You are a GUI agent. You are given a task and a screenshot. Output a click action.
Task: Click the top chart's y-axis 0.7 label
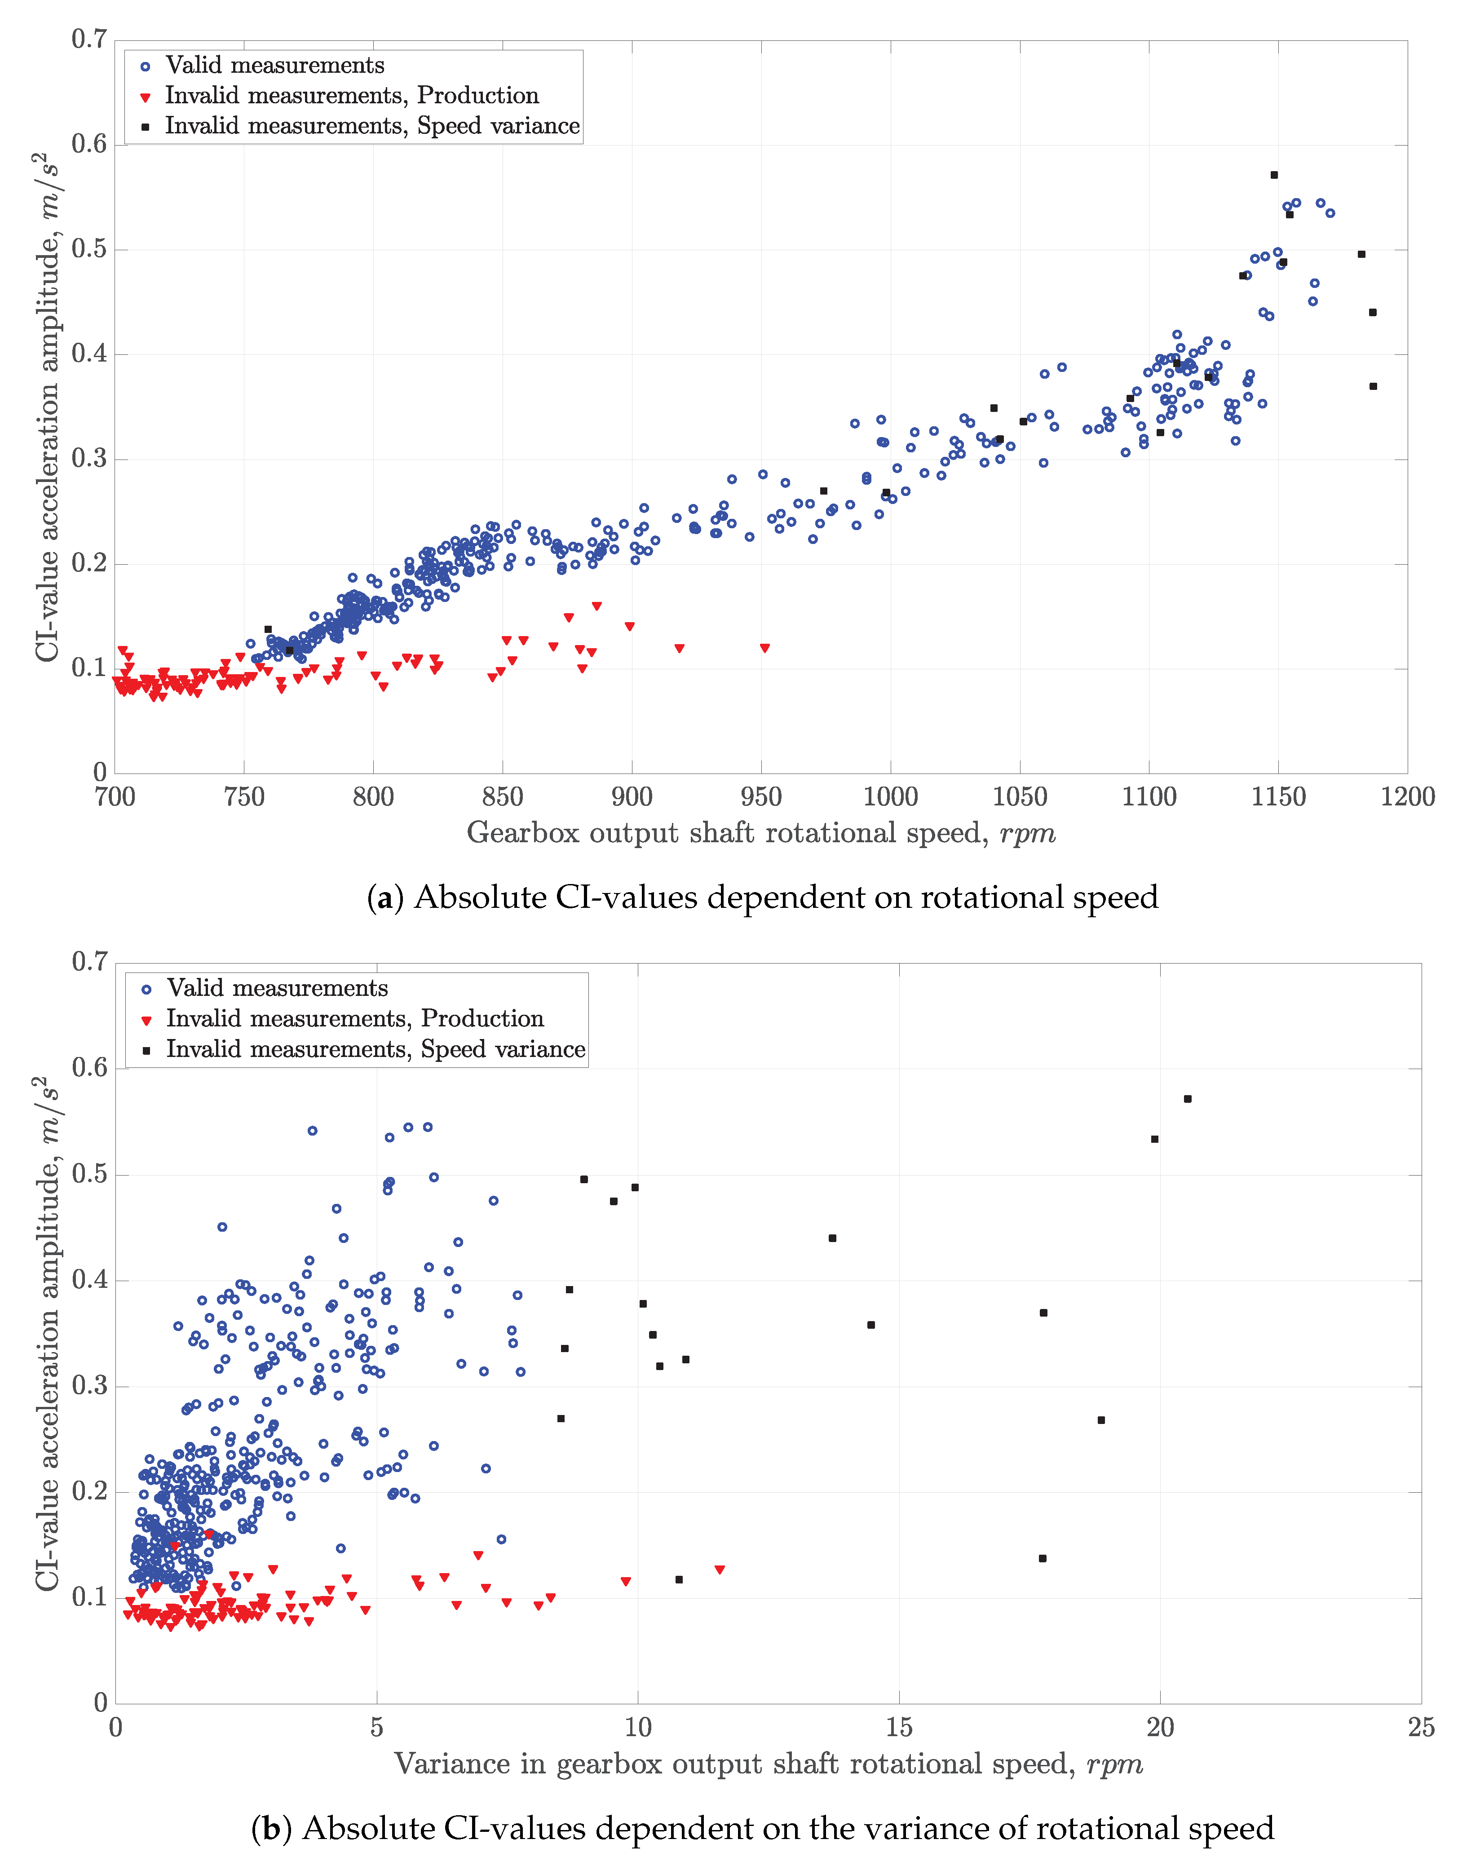[x=89, y=39]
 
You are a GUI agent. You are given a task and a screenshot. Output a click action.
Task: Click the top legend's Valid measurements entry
[x=274, y=66]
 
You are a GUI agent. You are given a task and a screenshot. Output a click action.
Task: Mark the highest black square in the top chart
[x=1273, y=175]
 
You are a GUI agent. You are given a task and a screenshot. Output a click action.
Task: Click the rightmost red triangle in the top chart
[x=765, y=648]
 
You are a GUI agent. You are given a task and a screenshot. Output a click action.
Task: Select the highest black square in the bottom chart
[x=1188, y=1099]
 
